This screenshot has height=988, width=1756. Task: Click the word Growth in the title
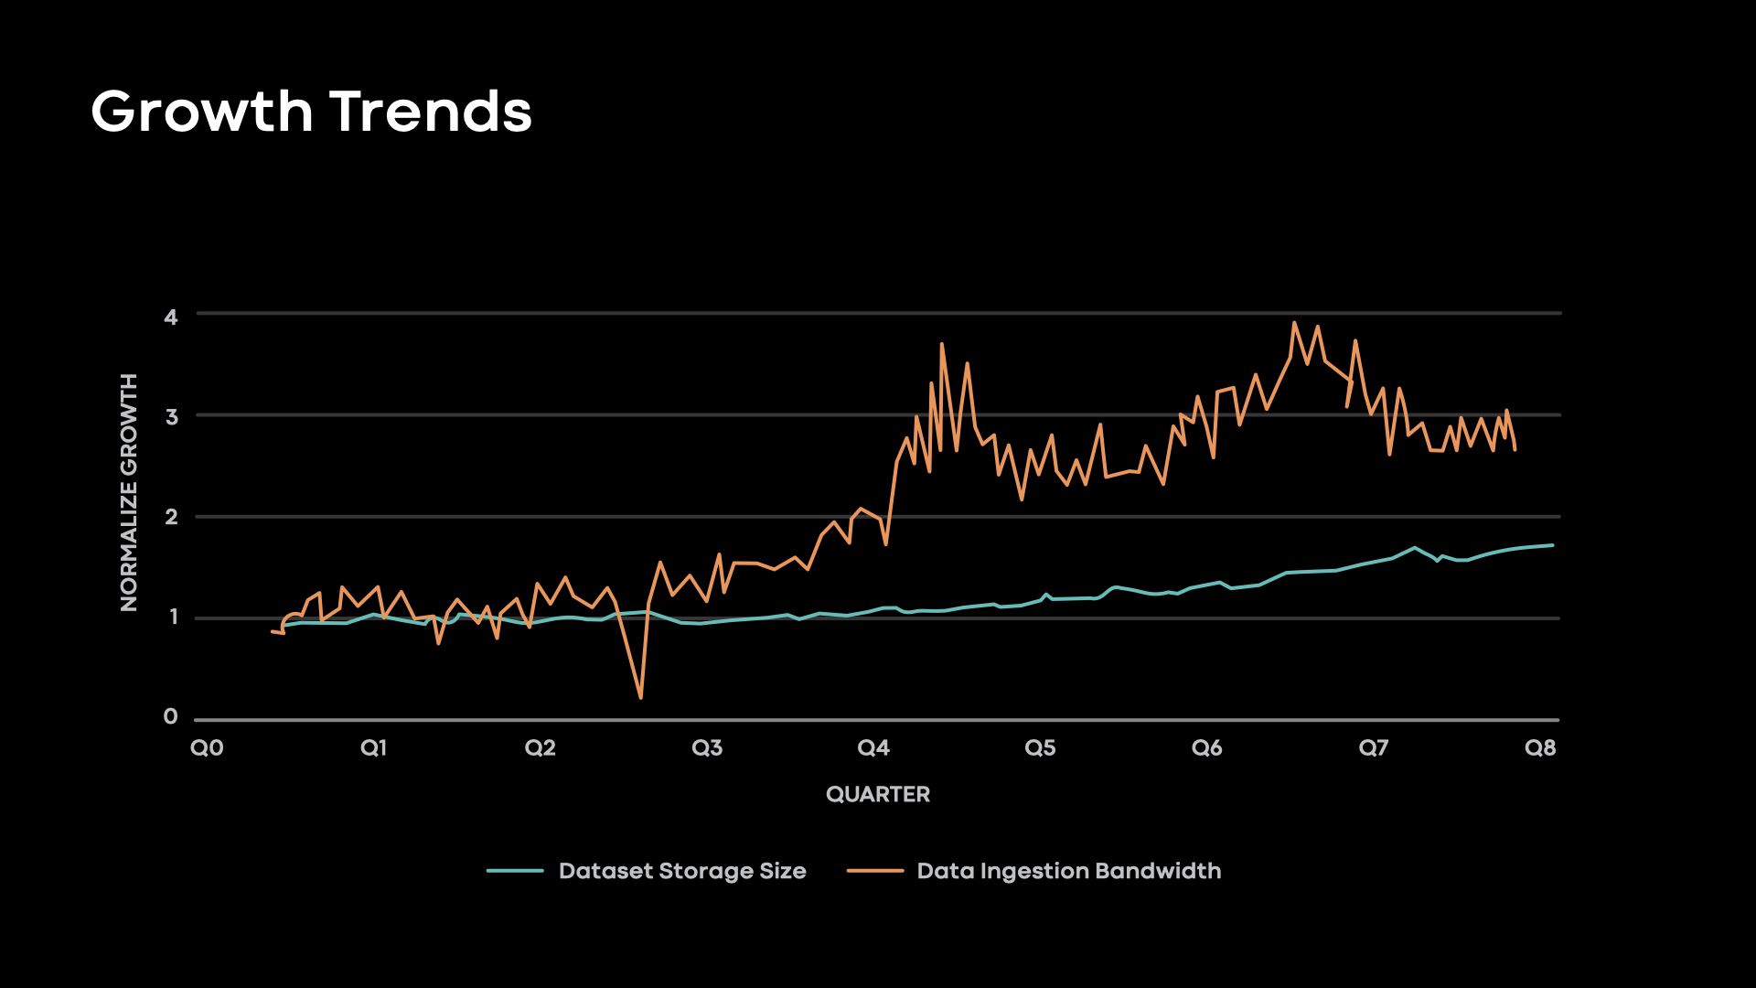pyautogui.click(x=201, y=112)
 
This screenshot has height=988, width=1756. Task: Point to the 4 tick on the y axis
pyautogui.click(x=171, y=317)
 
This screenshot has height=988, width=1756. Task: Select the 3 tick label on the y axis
pyautogui.click(x=171, y=417)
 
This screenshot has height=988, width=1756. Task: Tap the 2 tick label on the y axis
pyautogui.click(x=171, y=517)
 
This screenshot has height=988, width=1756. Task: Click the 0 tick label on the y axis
pyautogui.click(x=171, y=717)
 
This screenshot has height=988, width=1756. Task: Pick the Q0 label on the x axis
pyautogui.click(x=207, y=748)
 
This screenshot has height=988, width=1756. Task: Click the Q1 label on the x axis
pyautogui.click(x=373, y=748)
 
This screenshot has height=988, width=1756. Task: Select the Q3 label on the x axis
pyautogui.click(x=707, y=748)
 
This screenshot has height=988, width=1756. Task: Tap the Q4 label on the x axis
pyautogui.click(x=873, y=748)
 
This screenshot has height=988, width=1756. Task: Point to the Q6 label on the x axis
pyautogui.click(x=1206, y=748)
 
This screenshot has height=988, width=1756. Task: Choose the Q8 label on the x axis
pyautogui.click(x=1540, y=748)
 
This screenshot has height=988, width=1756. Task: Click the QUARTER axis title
pyautogui.click(x=878, y=794)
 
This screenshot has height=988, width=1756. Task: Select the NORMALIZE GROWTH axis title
pyautogui.click(x=129, y=492)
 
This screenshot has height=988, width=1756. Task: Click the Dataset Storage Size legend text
pyautogui.click(x=682, y=871)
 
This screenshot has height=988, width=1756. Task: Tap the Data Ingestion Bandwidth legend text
pyautogui.click(x=1069, y=871)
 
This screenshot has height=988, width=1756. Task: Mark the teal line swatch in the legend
pyautogui.click(x=515, y=871)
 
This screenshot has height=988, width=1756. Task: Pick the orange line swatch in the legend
pyautogui.click(x=875, y=871)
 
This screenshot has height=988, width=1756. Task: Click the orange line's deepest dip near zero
pyautogui.click(x=641, y=698)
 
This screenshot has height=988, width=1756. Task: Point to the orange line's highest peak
pyautogui.click(x=1294, y=323)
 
